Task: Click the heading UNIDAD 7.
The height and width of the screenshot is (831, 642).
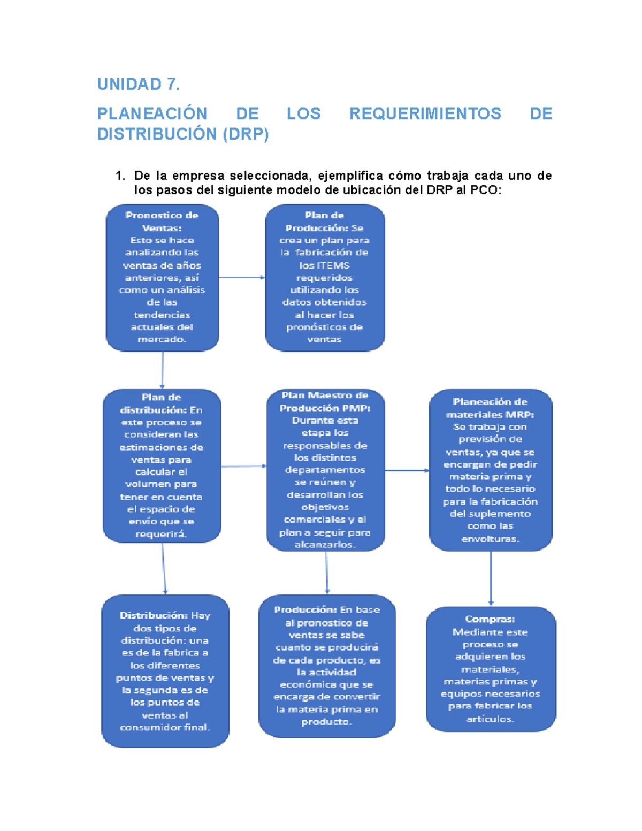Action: [x=138, y=84]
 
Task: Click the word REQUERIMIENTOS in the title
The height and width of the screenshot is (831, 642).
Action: [x=425, y=113]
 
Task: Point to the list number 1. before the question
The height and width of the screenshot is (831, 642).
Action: [x=120, y=176]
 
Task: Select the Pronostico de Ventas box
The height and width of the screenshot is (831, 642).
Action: [x=162, y=277]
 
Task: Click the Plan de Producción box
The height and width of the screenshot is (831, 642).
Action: [x=325, y=277]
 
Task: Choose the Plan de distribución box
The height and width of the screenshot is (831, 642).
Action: [x=162, y=466]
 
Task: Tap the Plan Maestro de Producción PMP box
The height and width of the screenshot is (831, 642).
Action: [x=325, y=470]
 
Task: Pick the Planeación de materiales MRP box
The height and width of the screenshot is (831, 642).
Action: [x=490, y=470]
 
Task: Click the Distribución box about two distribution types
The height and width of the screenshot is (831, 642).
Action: [x=165, y=671]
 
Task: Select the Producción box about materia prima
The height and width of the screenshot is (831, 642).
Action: [x=326, y=666]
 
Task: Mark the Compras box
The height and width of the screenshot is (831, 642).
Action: [x=491, y=669]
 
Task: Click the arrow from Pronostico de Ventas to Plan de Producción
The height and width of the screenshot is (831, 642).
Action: [x=242, y=278]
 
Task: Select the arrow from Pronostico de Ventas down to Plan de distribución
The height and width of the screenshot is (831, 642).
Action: [x=162, y=370]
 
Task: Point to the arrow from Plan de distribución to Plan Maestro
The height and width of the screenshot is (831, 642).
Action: [x=243, y=467]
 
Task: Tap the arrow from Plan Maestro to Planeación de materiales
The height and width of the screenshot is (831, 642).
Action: [x=407, y=471]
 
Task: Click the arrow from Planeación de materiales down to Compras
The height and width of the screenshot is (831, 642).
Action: [x=491, y=578]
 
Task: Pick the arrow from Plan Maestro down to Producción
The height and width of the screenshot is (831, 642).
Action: [x=327, y=573]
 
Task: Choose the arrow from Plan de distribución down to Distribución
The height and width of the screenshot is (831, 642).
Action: [x=164, y=568]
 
